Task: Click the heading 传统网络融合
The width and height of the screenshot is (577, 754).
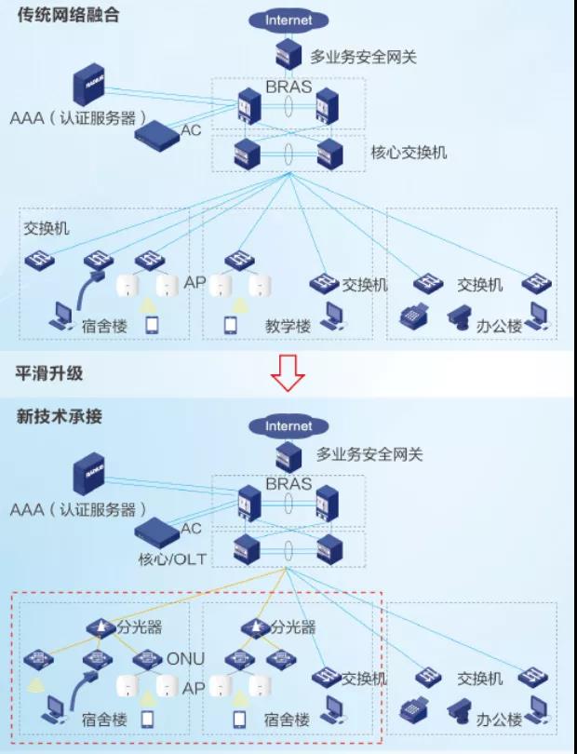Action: [67, 17]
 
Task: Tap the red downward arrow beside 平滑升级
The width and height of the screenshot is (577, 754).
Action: [288, 373]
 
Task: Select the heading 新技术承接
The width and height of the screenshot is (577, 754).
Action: [60, 416]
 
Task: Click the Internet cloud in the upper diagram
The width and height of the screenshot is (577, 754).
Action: [289, 20]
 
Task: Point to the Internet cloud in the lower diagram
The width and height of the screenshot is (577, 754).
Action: [289, 426]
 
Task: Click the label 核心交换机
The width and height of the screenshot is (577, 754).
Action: [409, 151]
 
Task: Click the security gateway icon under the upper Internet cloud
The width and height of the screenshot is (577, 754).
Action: [288, 54]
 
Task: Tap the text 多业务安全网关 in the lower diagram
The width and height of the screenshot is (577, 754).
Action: [369, 454]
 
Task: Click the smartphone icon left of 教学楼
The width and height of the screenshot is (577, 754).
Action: [231, 325]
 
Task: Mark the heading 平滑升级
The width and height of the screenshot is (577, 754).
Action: [49, 373]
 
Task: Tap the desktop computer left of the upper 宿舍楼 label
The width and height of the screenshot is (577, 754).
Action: [61, 318]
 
